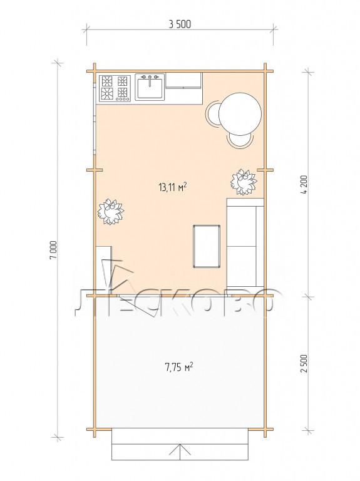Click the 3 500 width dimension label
tap(180, 24)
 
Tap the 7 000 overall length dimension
tap(53, 250)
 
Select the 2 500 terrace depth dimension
tap(304, 363)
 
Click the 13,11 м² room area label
tap(173, 187)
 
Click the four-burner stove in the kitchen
tap(114, 88)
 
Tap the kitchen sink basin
tap(150, 88)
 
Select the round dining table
tap(240, 114)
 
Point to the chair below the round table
tap(240, 140)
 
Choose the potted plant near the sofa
tap(244, 182)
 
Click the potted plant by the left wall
tap(111, 212)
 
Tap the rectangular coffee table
tap(207, 246)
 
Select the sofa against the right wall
tap(245, 246)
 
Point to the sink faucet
tap(150, 79)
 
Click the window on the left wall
tap(95, 116)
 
